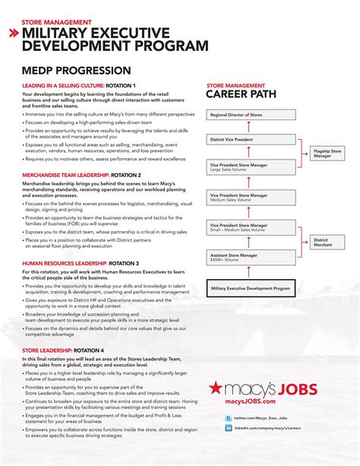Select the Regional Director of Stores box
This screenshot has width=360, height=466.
pyautogui.click(x=251, y=116)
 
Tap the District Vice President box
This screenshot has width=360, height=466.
pyautogui.click(x=251, y=140)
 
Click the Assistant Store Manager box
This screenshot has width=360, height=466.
pyautogui.click(x=251, y=258)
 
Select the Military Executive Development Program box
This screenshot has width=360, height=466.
pyautogui.click(x=251, y=289)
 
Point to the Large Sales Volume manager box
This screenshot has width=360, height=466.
pyautogui.click(x=251, y=166)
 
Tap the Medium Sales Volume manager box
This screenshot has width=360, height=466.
pyautogui.click(x=251, y=198)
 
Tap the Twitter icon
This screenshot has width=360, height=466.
pyautogui.click(x=229, y=418)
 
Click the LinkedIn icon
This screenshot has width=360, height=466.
pyautogui.click(x=229, y=429)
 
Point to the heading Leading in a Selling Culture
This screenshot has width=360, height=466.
pyautogui.click(x=79, y=85)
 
